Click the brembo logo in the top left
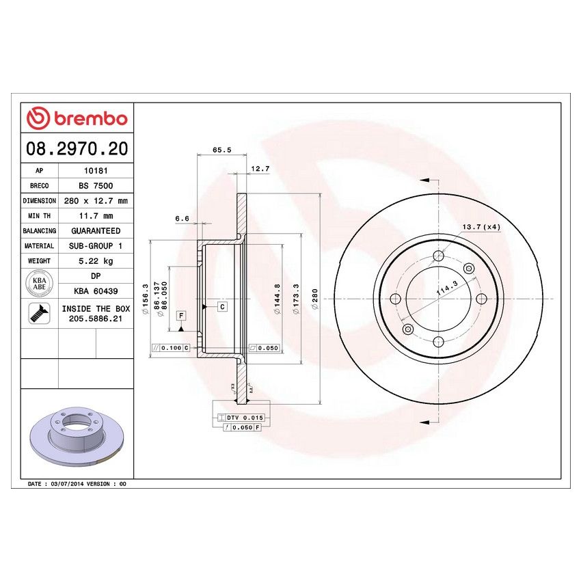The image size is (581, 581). (x=77, y=118)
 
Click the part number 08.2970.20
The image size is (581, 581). (x=77, y=148)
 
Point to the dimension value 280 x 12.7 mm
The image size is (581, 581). (x=95, y=201)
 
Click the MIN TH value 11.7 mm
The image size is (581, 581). (x=95, y=216)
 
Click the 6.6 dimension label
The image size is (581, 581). (x=181, y=219)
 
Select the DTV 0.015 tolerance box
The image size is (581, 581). (x=244, y=417)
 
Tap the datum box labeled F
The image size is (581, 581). (x=181, y=315)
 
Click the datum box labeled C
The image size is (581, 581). (x=222, y=307)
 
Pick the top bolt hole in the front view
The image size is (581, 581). (x=438, y=257)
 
